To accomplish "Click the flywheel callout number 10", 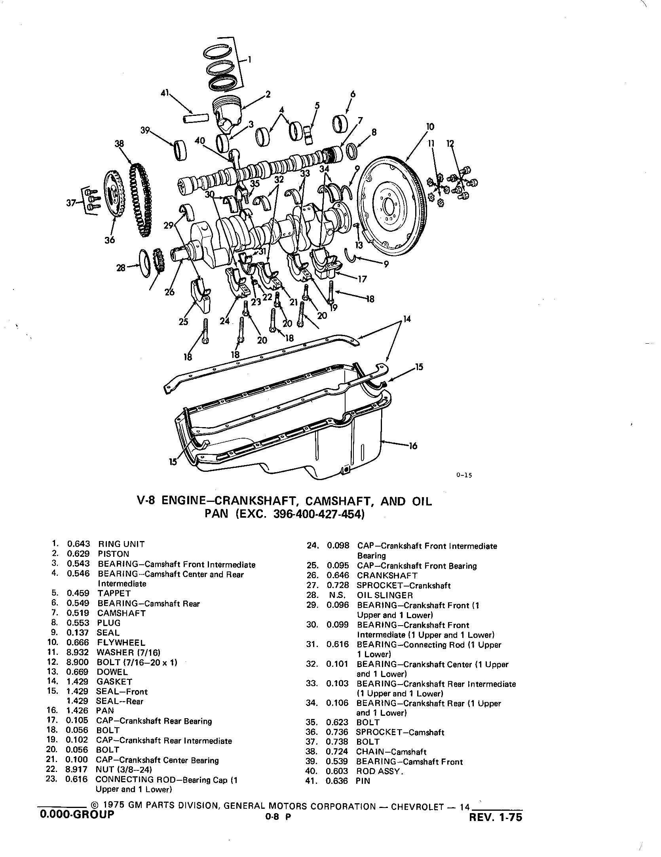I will point(430,127).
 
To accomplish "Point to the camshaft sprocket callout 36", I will point(110,240).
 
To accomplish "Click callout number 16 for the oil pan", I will point(413,446).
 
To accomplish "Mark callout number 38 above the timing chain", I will point(119,144).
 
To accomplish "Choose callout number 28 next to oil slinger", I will point(121,268).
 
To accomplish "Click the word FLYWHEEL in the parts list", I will point(121,643).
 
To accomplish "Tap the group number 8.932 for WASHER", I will point(78,653).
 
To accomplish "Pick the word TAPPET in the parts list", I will point(114,593).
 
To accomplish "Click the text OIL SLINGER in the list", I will point(385,595).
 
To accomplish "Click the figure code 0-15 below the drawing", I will point(464,475).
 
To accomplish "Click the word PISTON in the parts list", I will point(114,554).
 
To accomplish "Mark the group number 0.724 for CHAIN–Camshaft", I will point(337,752).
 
